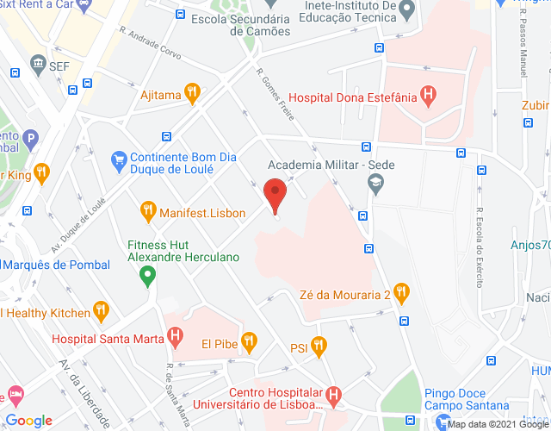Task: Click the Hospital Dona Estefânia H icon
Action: click(x=426, y=96)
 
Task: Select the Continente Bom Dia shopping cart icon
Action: click(x=120, y=159)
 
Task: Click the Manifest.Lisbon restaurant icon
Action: click(x=147, y=210)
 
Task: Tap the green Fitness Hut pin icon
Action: click(x=147, y=277)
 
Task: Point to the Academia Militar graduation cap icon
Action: click(x=375, y=183)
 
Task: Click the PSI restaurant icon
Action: click(x=319, y=347)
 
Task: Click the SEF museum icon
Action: click(x=38, y=65)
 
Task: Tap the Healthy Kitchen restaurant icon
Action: click(x=102, y=311)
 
